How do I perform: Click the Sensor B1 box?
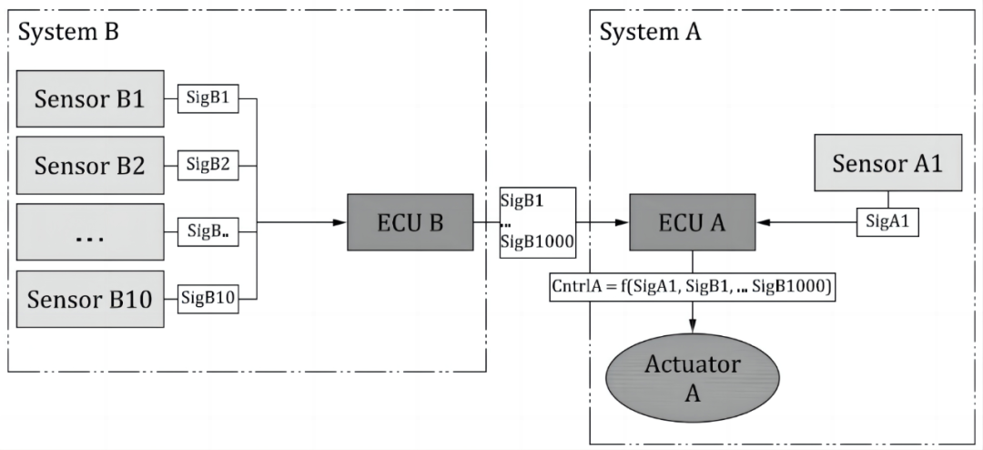click(89, 98)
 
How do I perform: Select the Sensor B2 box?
click(89, 165)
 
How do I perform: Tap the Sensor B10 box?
click(89, 298)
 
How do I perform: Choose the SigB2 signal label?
click(207, 165)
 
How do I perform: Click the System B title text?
click(69, 33)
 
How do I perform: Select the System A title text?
click(651, 33)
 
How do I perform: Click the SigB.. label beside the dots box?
click(208, 231)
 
